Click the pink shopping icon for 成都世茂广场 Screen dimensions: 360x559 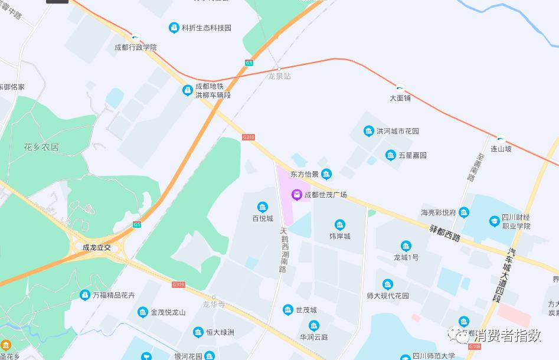tap(298, 194)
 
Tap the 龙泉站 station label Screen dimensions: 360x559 tap(280, 76)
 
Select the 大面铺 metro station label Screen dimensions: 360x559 tap(400, 98)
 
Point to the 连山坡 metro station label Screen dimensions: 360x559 tap(501, 149)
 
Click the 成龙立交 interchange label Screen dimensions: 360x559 tap(97, 247)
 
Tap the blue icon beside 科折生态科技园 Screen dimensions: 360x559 tap(174, 28)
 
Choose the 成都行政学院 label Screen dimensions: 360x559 tap(136, 47)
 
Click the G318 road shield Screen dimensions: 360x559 tap(249, 137)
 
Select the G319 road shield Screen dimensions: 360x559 tap(178, 284)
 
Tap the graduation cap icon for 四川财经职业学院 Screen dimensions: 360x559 tap(494, 221)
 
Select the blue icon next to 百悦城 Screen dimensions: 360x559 tap(262, 207)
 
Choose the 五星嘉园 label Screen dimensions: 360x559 tap(413, 155)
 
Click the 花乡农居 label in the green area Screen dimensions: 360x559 tap(41, 147)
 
